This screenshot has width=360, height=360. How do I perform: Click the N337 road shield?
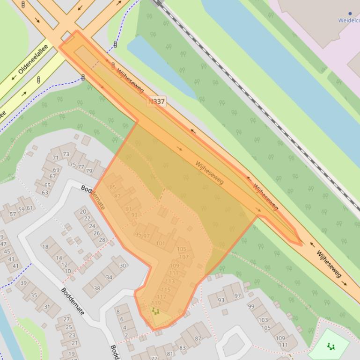[156, 101]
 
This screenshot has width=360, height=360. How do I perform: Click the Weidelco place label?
[348, 20]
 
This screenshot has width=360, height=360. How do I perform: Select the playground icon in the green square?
[331, 346]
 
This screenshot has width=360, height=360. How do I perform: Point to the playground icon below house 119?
[155, 311]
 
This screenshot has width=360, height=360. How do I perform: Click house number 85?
[112, 187]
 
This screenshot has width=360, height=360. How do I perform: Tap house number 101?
[161, 244]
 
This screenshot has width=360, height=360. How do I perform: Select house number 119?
[156, 303]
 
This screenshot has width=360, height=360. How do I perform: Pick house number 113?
[170, 281]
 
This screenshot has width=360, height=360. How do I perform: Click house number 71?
[56, 158]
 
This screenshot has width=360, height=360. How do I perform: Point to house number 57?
[13, 214]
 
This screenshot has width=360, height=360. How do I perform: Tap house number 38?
[97, 288]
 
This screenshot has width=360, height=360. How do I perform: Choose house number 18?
[45, 247]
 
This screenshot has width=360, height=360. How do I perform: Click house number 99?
[251, 306]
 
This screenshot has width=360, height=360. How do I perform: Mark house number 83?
[182, 347]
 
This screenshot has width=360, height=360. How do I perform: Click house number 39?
[23, 283]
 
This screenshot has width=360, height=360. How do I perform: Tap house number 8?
[118, 312]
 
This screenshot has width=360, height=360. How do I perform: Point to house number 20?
[83, 212]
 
